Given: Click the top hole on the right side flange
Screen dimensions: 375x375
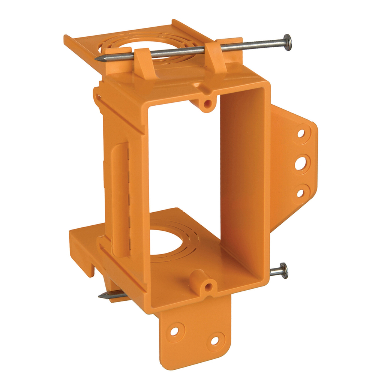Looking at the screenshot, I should [x=301, y=133].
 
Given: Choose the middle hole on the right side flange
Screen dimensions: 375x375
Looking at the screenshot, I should [x=300, y=163].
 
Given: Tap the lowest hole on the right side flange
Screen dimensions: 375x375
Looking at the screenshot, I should [x=300, y=193].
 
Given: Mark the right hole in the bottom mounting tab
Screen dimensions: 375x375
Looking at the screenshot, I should [x=214, y=340].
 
